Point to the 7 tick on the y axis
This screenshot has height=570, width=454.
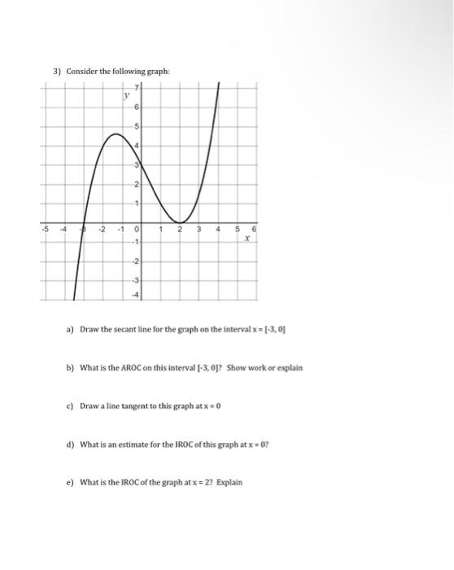pyautogui.click(x=138, y=87)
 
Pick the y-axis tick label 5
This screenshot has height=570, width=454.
pyautogui.click(x=138, y=126)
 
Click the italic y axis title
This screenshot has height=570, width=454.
pyautogui.click(x=126, y=94)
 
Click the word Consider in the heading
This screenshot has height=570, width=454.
pyautogui.click(x=82, y=71)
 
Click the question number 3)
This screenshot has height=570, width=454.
pyautogui.click(x=57, y=71)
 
